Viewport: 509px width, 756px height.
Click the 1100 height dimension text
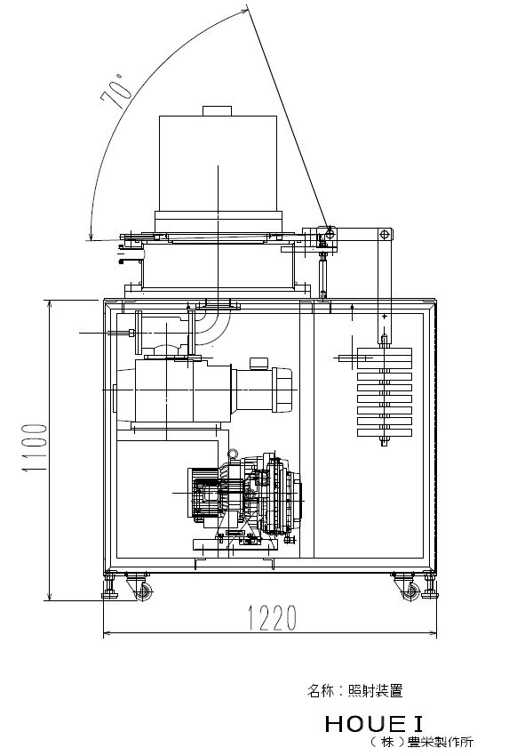(x=35, y=448)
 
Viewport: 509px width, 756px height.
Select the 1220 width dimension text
(x=272, y=617)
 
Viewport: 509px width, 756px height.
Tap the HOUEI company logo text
(x=374, y=724)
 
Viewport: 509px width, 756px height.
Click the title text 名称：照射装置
(x=355, y=690)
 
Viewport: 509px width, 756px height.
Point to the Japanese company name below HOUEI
(x=421, y=742)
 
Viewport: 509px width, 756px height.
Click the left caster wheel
(x=143, y=591)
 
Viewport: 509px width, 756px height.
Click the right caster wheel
(x=410, y=591)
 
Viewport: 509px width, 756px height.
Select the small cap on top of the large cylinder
(x=217, y=111)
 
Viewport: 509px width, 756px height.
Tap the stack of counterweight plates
(x=385, y=392)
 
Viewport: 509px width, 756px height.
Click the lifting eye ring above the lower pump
(x=233, y=454)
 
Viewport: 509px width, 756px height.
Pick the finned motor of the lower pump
(x=208, y=495)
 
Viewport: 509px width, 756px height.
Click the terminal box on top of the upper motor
(x=258, y=363)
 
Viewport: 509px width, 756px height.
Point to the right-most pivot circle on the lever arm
(x=384, y=235)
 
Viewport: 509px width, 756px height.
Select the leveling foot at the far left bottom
(x=109, y=585)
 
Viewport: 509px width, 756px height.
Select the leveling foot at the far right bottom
(x=430, y=585)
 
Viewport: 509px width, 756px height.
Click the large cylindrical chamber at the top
(x=219, y=163)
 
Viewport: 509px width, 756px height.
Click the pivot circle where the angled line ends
(x=330, y=234)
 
